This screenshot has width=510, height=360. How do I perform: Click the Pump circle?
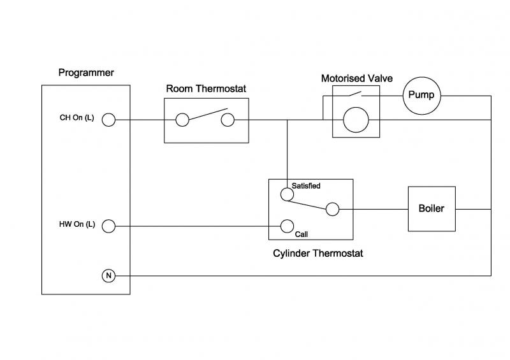coord(421,96)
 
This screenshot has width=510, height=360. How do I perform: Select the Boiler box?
coord(432,209)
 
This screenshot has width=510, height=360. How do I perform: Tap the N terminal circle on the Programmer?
coord(108,275)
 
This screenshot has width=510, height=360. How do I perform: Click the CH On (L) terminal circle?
coord(108,119)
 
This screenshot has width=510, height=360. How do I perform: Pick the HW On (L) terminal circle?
coord(108,226)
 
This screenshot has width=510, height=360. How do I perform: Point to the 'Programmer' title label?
coord(86,73)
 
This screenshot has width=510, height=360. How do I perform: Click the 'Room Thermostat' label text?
coord(205,89)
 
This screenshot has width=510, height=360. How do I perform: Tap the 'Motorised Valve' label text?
coord(356,79)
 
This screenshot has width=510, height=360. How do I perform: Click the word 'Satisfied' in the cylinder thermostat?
coord(306,186)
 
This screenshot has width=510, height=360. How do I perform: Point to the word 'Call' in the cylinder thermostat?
coord(302,234)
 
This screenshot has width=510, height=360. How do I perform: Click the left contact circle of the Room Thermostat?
coord(182,119)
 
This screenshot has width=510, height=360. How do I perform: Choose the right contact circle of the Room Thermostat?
coord(226,119)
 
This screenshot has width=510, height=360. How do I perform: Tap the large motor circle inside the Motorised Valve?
coord(356,119)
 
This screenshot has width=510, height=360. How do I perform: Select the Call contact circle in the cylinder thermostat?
coord(287,226)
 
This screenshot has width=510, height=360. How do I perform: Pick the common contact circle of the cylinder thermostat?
coord(331,208)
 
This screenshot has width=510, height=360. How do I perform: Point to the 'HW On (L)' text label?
coord(75,226)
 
